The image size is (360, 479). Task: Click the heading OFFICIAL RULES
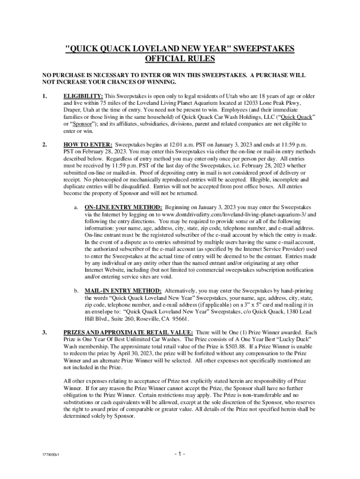[x=180, y=59]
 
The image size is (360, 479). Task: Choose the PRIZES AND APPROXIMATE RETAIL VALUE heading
[x=129, y=332]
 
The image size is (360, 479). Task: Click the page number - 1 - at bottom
[x=180, y=454]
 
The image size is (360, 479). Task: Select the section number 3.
[x=44, y=332]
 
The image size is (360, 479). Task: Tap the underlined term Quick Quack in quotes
[x=297, y=117]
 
